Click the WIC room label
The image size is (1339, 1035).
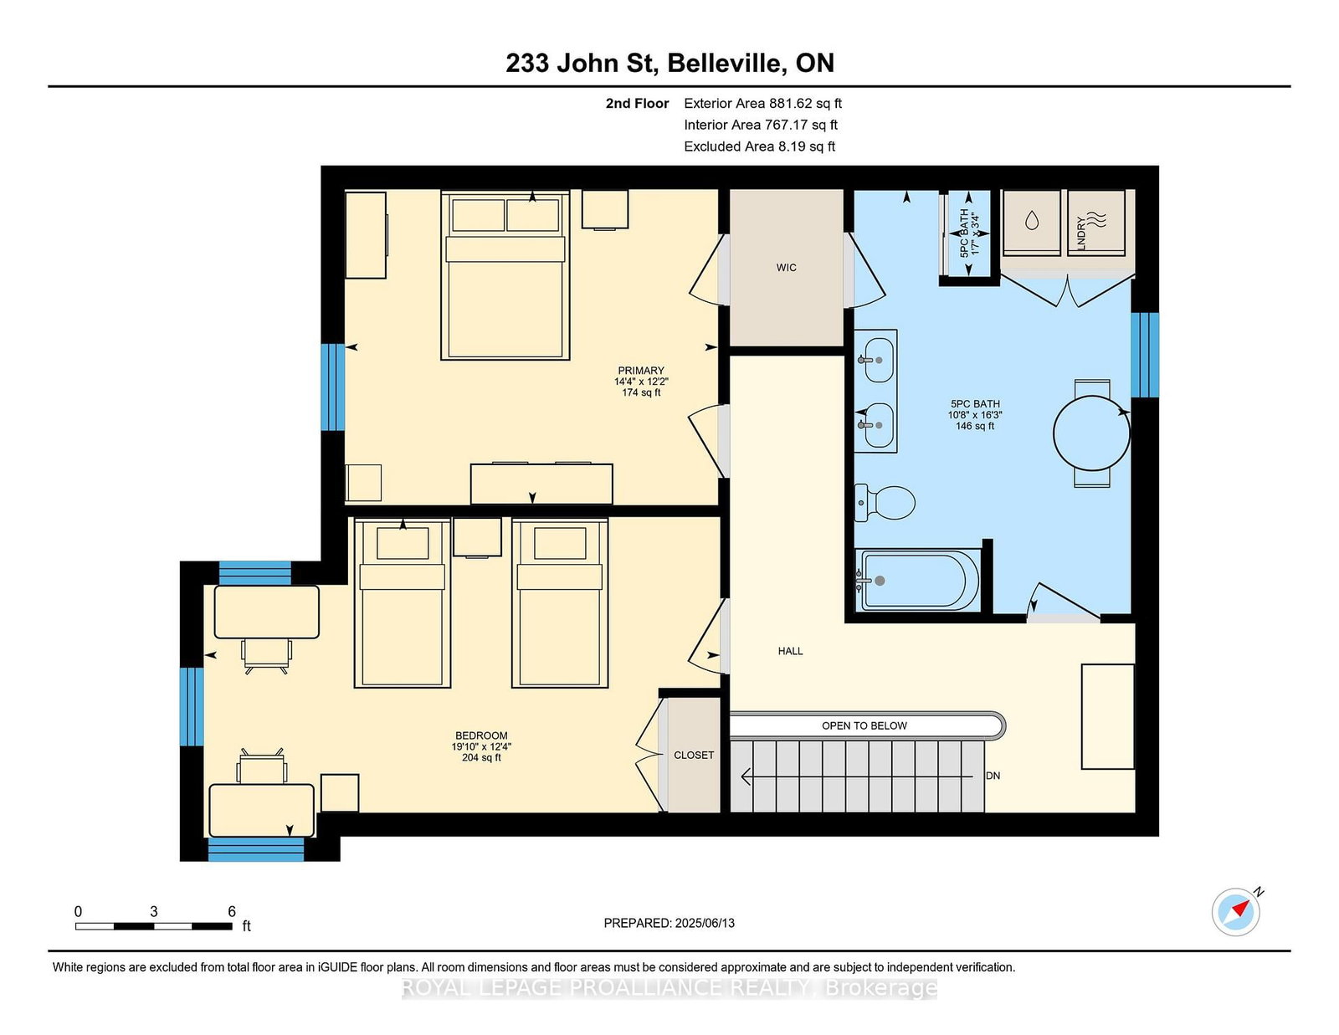[787, 268]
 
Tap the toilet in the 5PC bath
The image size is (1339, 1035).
[885, 503]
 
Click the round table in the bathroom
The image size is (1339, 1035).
[1091, 433]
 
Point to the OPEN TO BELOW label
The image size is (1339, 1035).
[864, 725]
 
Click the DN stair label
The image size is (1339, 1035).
[993, 776]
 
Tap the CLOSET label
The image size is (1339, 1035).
[694, 755]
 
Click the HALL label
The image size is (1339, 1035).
[790, 651]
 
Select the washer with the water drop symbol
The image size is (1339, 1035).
[1032, 223]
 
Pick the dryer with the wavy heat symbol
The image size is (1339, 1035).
[1097, 223]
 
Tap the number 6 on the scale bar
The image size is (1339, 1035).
[232, 911]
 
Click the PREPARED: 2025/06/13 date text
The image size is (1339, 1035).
[669, 923]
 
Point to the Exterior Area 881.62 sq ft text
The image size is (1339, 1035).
[762, 104]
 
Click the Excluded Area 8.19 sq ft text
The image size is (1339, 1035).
[759, 146]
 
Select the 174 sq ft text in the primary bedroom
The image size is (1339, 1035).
[641, 392]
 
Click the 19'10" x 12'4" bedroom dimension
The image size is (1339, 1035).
[481, 746]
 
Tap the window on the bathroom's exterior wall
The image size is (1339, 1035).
[1145, 355]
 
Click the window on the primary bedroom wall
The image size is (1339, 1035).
[333, 387]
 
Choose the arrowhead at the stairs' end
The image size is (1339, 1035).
[746, 776]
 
